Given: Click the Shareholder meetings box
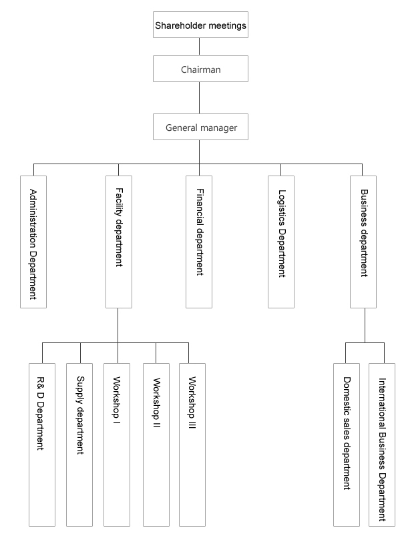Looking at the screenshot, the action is (x=200, y=25).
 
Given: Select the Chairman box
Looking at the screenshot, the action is (x=200, y=69).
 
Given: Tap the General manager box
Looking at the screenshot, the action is (x=200, y=127).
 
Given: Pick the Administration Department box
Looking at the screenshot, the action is (x=33, y=242).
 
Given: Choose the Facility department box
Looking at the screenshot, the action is (x=119, y=242).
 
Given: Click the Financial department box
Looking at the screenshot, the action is (x=199, y=242).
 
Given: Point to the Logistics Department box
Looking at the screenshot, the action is (x=281, y=242).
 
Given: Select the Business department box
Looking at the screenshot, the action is (x=363, y=242).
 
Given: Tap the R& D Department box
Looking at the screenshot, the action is (x=42, y=445).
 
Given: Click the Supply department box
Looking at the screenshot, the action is (x=79, y=445).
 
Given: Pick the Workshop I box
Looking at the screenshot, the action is (x=117, y=445).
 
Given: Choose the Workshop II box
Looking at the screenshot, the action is (x=156, y=445).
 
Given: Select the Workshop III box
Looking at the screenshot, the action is (x=192, y=445).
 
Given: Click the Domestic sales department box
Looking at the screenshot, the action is (x=347, y=445).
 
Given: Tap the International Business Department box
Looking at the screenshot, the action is (x=382, y=445).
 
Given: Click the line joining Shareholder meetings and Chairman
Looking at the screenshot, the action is (x=199, y=47).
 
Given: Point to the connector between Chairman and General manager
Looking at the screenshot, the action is (x=199, y=98).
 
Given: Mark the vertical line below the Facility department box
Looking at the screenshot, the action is (x=118, y=325).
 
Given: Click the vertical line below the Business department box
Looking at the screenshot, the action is (x=365, y=325).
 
